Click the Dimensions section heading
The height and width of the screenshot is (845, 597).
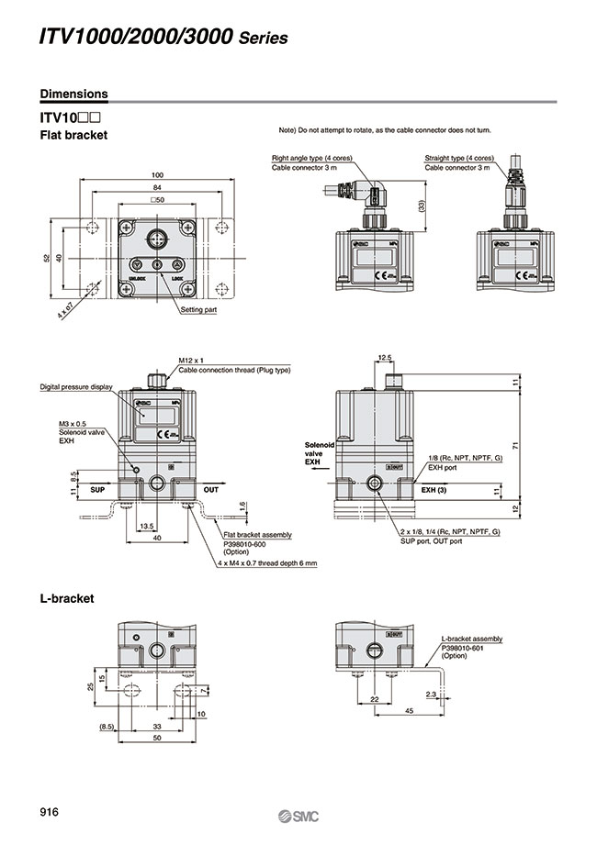pos(73,94)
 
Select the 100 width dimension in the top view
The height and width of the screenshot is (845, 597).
pos(157,174)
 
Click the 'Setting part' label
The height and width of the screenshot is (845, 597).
pos(198,310)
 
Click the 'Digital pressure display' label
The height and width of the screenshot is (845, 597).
pos(75,387)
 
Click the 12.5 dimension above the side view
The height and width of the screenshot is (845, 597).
pos(385,357)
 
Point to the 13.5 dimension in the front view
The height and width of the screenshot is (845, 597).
pos(145,526)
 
